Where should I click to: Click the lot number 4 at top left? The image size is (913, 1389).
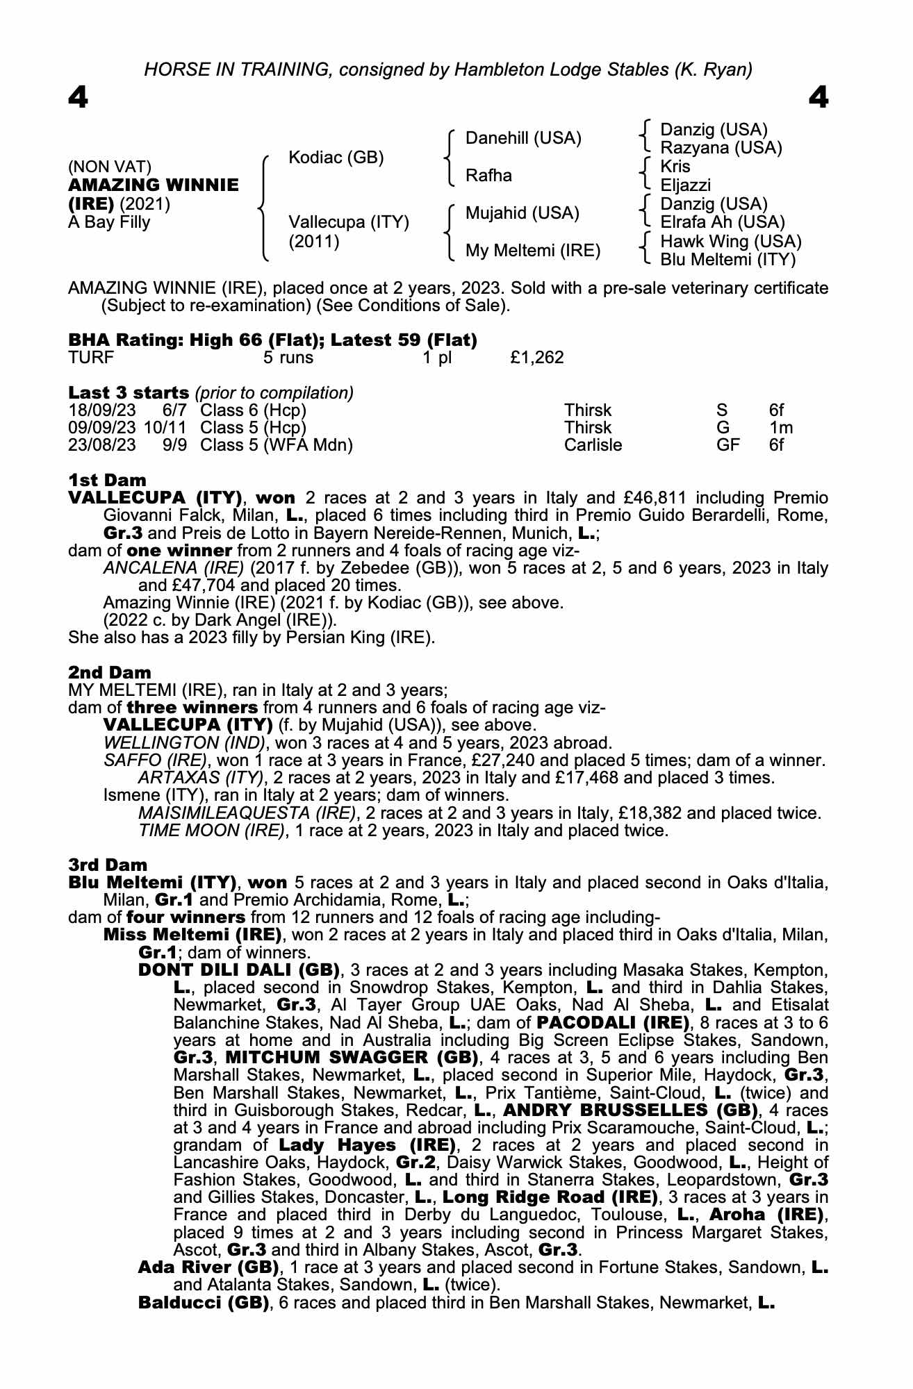(79, 98)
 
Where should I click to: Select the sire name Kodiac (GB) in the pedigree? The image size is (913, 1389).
(336, 158)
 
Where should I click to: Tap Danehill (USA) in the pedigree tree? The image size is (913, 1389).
(523, 138)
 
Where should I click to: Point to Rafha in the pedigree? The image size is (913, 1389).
(488, 176)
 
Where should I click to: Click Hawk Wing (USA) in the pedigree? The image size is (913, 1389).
(730, 242)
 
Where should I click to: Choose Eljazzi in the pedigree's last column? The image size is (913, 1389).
(685, 185)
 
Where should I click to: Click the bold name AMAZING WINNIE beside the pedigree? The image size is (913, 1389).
(153, 185)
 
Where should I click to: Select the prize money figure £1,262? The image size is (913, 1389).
(536, 358)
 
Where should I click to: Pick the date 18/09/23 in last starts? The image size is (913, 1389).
(101, 410)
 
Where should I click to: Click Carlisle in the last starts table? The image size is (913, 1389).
(593, 445)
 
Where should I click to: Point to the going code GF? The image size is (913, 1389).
(727, 445)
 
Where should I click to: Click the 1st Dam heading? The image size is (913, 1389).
(107, 480)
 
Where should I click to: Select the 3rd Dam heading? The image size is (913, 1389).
(108, 865)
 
